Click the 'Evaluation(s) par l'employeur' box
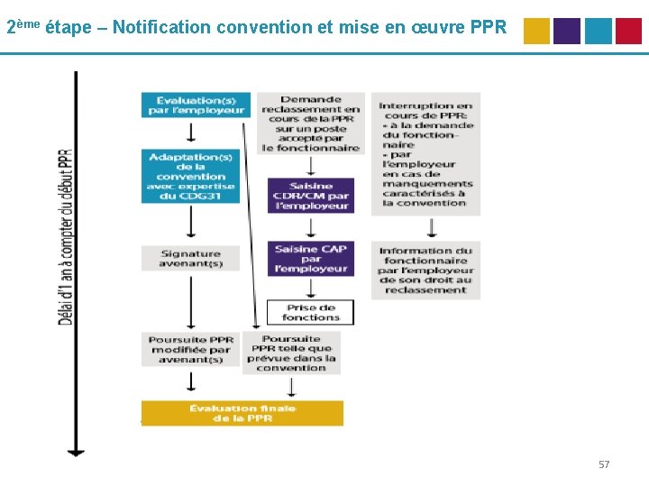pyautogui.click(x=195, y=106)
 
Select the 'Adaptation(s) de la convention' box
pyautogui.click(x=190, y=176)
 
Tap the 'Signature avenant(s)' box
pyautogui.click(x=190, y=259)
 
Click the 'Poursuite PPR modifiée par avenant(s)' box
pyautogui.click(x=190, y=349)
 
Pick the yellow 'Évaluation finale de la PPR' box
pyautogui.click(x=242, y=413)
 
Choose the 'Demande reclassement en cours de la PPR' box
pyautogui.click(x=311, y=124)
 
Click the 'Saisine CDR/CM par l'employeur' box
pyautogui.click(x=311, y=196)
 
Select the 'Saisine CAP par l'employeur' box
pyautogui.click(x=311, y=259)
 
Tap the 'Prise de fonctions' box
pyautogui.click(x=310, y=312)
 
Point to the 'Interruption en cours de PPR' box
pyautogui.click(x=426, y=153)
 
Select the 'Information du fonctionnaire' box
pyautogui.click(x=426, y=270)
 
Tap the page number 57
pyautogui.click(x=604, y=464)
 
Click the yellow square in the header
pyautogui.click(x=536, y=31)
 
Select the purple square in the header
pyautogui.click(x=567, y=31)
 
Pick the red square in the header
pyautogui.click(x=628, y=31)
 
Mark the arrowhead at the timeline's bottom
pyautogui.click(x=77, y=450)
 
